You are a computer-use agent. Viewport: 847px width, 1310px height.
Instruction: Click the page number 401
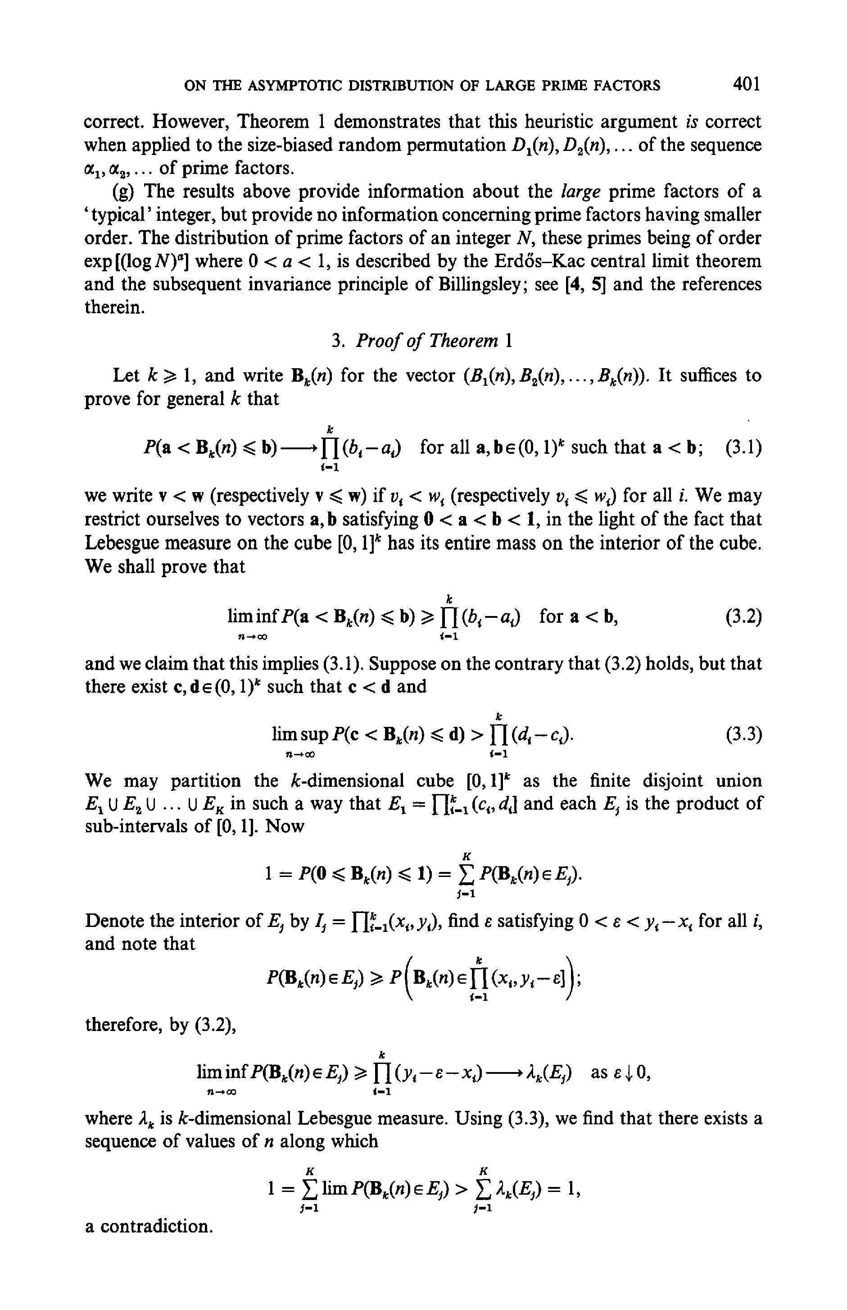(x=746, y=84)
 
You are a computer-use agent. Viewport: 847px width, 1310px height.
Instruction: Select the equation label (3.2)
(x=743, y=617)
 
